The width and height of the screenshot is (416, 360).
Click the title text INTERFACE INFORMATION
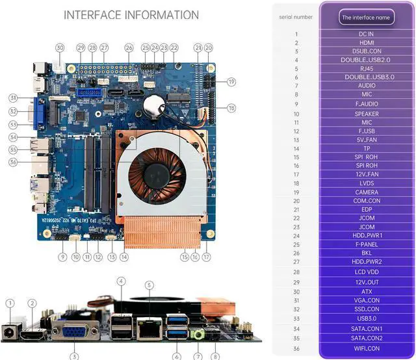coord(131,15)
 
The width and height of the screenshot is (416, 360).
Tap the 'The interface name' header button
coord(366,18)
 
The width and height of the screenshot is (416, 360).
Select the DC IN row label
coord(366,34)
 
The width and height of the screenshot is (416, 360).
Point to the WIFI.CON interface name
coord(366,348)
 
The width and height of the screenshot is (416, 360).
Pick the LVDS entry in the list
coord(366,183)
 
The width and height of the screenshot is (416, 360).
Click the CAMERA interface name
coord(366,192)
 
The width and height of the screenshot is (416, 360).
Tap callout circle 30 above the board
coord(60,47)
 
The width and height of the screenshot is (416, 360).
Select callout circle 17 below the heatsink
coord(207,257)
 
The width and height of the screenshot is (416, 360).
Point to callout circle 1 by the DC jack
coord(10,303)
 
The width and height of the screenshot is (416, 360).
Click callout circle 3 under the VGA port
coord(74,356)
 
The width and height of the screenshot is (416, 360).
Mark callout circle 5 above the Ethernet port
coord(149,285)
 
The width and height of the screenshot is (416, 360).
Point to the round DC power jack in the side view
coord(10,331)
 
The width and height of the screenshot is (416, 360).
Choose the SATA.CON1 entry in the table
coord(366,329)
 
